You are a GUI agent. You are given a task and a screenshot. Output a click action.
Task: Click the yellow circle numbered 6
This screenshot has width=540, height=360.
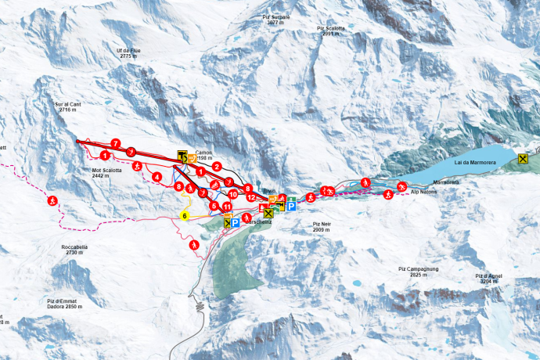[185, 215]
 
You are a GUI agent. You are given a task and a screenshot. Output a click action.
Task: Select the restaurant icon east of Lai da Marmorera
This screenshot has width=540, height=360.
[524, 160]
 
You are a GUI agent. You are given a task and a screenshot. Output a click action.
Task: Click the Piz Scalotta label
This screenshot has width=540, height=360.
[332, 31]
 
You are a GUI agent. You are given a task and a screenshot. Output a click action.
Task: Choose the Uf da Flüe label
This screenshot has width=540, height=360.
[128, 52]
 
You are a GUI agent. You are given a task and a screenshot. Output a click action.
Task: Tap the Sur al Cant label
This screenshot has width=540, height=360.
[69, 107]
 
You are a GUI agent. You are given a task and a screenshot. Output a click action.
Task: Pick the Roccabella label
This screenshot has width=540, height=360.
[71, 250]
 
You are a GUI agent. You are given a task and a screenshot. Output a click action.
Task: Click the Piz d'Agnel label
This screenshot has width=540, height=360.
[488, 279]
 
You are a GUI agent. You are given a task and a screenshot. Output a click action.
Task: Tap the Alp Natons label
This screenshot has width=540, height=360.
[424, 191]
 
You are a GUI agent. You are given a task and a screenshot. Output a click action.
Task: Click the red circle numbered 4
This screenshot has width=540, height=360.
[157, 177]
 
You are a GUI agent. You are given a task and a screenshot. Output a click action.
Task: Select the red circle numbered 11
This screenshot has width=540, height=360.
[227, 207]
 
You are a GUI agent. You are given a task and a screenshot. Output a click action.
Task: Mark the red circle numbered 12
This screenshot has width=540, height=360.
[251, 197]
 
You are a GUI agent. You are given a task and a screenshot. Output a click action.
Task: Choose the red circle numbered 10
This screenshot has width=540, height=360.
[232, 193]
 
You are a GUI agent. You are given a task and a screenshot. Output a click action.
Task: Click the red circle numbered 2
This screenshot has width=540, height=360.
[217, 166]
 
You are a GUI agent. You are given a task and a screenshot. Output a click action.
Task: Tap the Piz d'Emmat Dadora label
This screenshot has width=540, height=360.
[64, 304]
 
